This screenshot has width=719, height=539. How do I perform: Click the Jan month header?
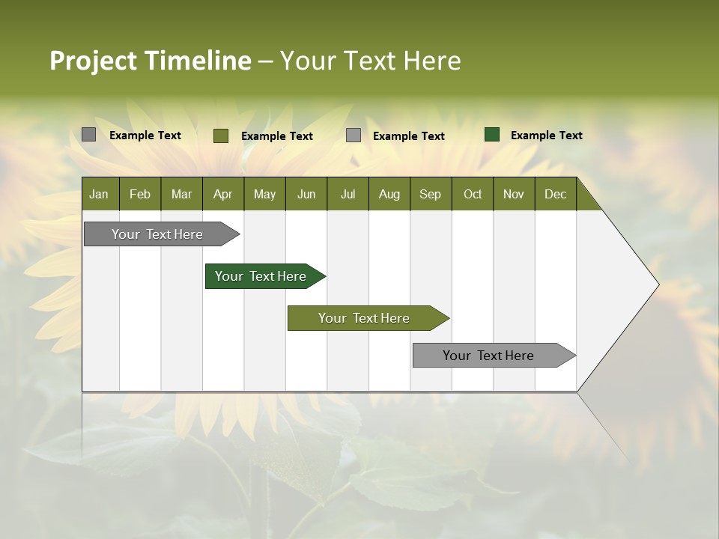(100, 194)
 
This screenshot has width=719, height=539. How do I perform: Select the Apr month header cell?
(223, 194)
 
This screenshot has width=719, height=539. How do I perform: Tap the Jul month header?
(348, 194)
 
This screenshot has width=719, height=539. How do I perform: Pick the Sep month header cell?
(431, 194)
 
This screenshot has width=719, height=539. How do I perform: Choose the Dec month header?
(555, 194)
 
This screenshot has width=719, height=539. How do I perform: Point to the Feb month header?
(140, 194)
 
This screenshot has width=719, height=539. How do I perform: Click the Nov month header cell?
(514, 194)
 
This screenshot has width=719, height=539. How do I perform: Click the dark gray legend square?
(89, 135)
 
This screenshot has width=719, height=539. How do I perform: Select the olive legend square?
(221, 135)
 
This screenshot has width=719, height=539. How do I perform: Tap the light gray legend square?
(354, 135)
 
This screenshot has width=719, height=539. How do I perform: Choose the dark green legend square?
(492, 135)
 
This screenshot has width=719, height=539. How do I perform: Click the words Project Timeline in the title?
(150, 61)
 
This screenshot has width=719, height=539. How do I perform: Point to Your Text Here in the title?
(370, 61)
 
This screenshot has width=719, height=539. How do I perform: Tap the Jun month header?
(306, 194)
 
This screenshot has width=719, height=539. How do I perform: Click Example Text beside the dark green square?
(546, 135)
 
